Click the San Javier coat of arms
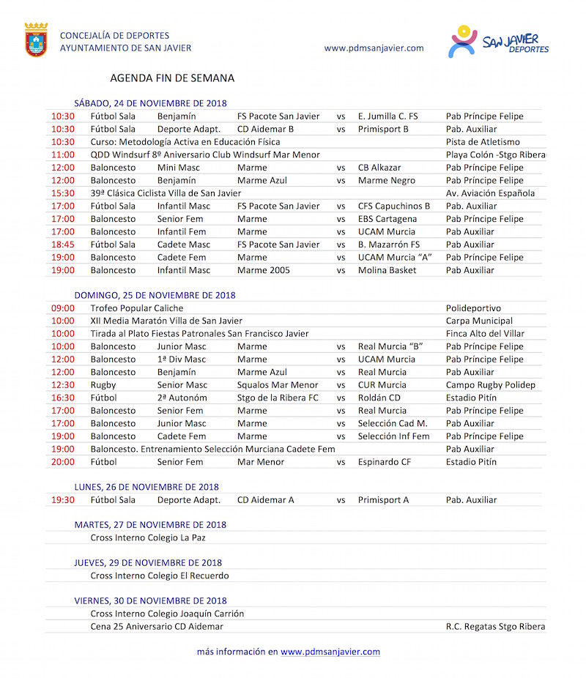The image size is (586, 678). tap(37, 40)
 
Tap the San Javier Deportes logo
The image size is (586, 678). tap(498, 42)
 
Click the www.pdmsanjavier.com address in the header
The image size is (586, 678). tap(374, 48)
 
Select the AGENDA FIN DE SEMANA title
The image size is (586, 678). tap(172, 78)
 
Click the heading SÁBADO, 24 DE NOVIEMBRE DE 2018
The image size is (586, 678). tap(150, 103)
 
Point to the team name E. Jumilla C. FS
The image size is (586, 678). tap(387, 116)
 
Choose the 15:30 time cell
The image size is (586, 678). tap(63, 193)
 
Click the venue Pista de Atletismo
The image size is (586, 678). tap(483, 142)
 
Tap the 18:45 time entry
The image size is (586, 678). tap(63, 245)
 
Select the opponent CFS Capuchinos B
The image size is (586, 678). tap(394, 206)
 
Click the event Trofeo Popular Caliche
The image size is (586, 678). tap(137, 308)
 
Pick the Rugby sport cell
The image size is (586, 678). tap(103, 385)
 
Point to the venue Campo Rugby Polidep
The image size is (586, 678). tap(491, 385)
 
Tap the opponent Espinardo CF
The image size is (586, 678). tap(385, 462)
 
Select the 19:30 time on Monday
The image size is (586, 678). tap(63, 500)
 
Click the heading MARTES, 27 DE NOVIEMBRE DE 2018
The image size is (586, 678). tap(150, 525)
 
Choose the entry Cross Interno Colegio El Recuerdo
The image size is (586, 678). tap(160, 575)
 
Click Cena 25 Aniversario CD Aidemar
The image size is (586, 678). tap(157, 627)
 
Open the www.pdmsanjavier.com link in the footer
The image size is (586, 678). tap(330, 652)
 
